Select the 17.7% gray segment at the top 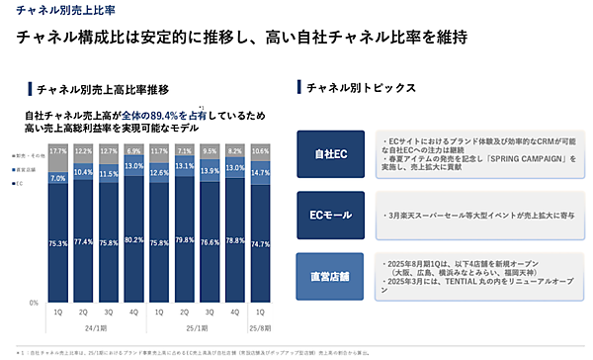[57, 151]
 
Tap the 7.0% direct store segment [57, 178]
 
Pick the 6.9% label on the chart [135, 150]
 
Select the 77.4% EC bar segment [84, 241]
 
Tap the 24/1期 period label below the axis [96, 328]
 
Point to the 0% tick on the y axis [35, 302]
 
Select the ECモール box [330, 213]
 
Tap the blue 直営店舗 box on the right [330, 275]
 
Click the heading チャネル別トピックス [355, 89]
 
